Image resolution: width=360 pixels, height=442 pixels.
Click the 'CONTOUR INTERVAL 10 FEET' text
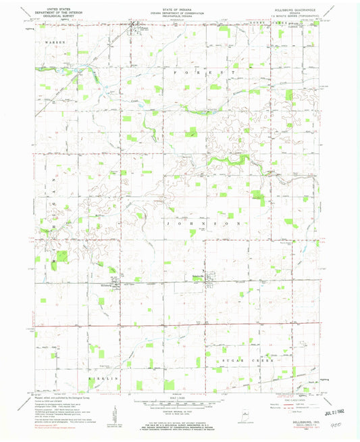coord(180,414)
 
